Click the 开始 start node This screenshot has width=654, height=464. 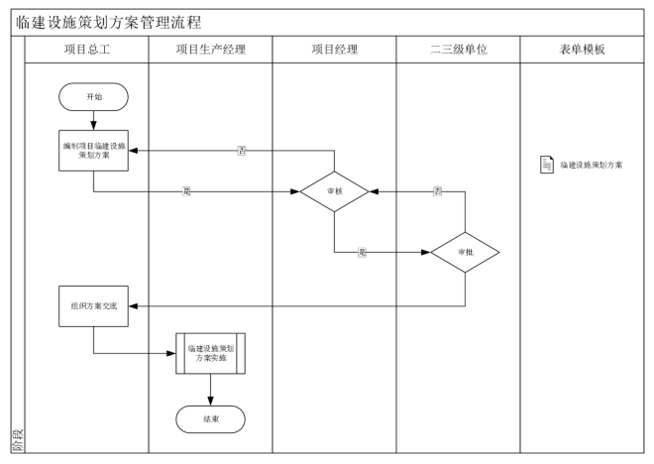[93, 96]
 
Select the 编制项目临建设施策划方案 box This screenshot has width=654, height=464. [93, 149]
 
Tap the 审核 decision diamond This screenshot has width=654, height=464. [335, 192]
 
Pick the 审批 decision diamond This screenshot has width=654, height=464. [465, 252]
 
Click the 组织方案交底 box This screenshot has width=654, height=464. [93, 305]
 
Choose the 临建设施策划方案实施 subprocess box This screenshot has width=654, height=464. [210, 351]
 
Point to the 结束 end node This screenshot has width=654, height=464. [210, 419]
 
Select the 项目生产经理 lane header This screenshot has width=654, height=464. [210, 50]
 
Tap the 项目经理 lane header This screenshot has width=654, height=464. [334, 50]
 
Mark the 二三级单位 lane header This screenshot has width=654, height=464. [458, 50]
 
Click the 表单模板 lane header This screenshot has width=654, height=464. [582, 50]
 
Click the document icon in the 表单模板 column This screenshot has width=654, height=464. [546, 165]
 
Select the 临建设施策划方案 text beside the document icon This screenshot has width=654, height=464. [591, 165]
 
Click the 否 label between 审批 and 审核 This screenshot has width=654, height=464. [437, 191]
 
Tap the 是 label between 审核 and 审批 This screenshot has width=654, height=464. [362, 252]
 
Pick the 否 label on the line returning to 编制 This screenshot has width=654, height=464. [242, 151]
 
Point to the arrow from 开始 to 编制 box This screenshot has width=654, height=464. [93, 119]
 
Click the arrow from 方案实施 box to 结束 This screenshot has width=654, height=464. [210, 389]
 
